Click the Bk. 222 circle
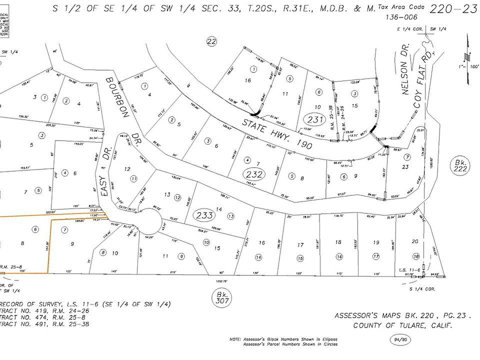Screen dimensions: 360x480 [x=459, y=165]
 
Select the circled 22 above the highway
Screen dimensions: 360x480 [x=212, y=41]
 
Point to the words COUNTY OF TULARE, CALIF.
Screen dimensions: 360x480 [x=402, y=325]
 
